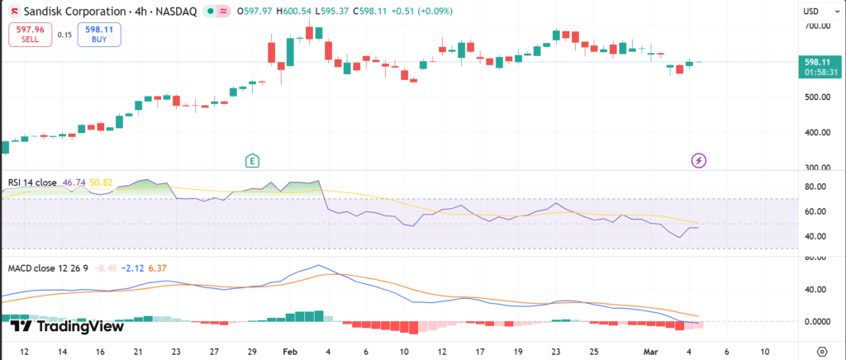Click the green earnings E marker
pos(253,160)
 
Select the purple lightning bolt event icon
pos(699,160)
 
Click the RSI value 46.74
pos(74,182)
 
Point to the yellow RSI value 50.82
pos(102,182)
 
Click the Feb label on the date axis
pos(291,350)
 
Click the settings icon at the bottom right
pos(821,350)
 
